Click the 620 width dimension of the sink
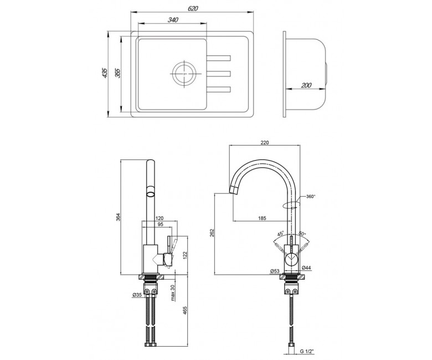193,8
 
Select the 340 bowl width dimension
173,20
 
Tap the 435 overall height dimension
105,73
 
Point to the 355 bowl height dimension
118,73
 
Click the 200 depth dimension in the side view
306,85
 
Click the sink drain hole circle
184,74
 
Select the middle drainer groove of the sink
218,74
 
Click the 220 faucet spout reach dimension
264,143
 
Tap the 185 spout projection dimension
262,218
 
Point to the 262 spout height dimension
212,233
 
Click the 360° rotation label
311,197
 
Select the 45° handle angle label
280,234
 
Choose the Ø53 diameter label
274,271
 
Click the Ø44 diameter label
306,268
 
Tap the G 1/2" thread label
307,352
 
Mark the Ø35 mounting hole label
137,295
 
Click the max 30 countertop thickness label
173,292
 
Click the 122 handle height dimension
185,255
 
